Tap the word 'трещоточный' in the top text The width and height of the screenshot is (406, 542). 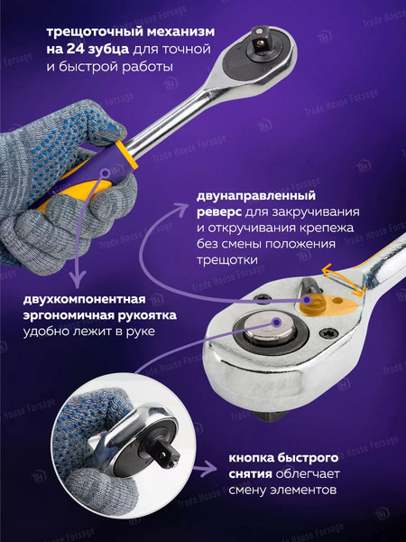pos(95,33)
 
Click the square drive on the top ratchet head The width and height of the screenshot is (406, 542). pos(259,39)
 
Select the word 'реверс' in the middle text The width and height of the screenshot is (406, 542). pos(219,212)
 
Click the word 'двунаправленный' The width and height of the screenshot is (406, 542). pos(256,196)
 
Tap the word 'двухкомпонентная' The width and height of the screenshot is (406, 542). pos(85,299)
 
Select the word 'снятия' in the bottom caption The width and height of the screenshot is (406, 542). pos(250,474)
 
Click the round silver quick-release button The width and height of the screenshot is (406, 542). pos(269,329)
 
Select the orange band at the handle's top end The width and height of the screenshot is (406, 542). pos(126,154)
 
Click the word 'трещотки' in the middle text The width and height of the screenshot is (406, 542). pos(227,260)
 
